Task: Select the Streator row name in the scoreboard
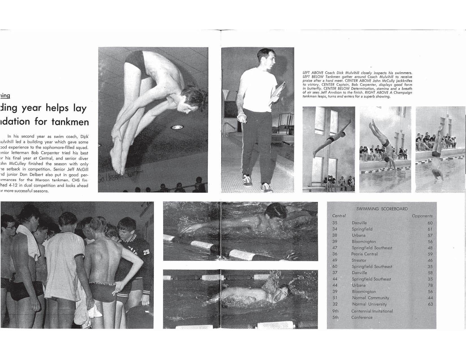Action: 359,260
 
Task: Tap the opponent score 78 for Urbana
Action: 430,285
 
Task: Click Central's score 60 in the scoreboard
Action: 335,267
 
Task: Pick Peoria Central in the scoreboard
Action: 364,254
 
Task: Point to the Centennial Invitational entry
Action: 372,311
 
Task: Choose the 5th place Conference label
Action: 362,317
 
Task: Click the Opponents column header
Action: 422,216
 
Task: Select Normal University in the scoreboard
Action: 369,304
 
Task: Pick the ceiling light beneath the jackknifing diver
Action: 176,127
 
